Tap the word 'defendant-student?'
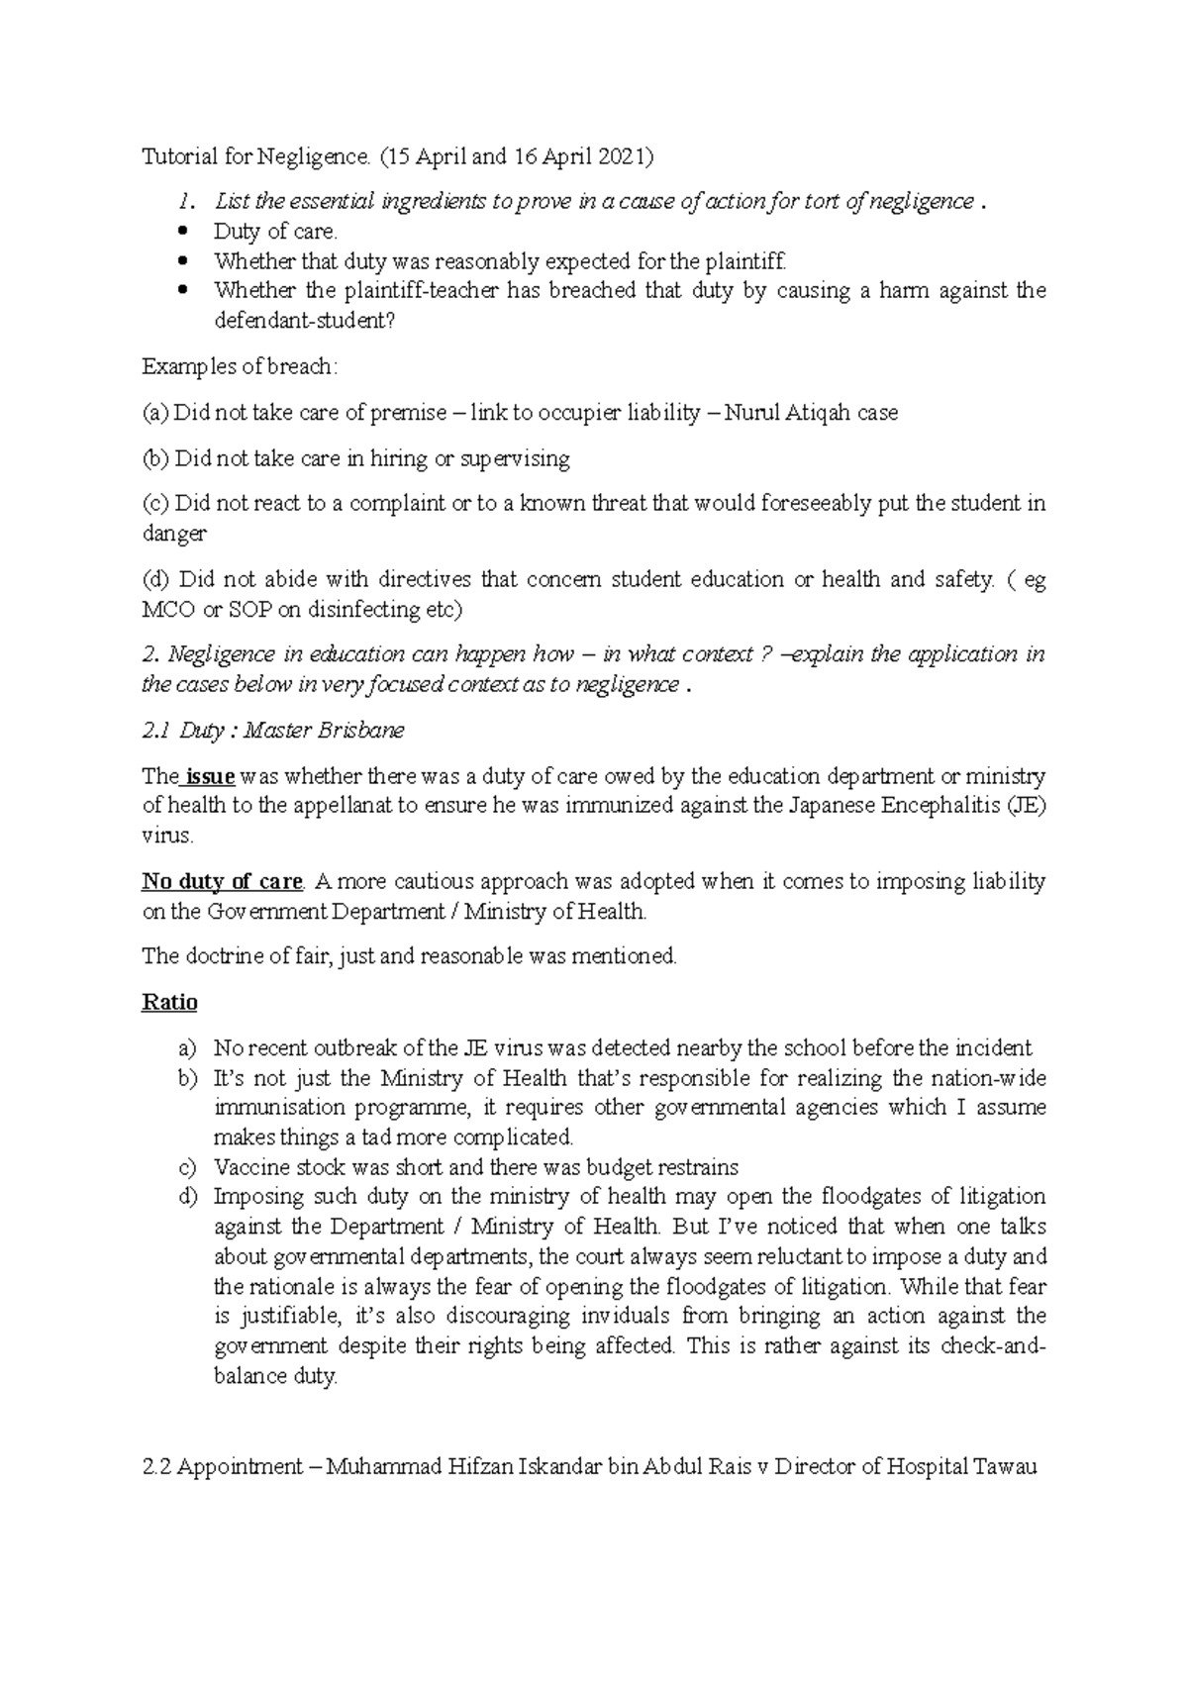coord(304,321)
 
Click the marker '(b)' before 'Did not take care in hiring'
coord(156,458)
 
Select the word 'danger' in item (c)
coord(174,534)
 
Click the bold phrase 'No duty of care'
coord(222,881)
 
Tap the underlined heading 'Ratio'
coord(169,1002)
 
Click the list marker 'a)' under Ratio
coord(188,1047)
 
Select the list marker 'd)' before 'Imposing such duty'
coord(188,1197)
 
